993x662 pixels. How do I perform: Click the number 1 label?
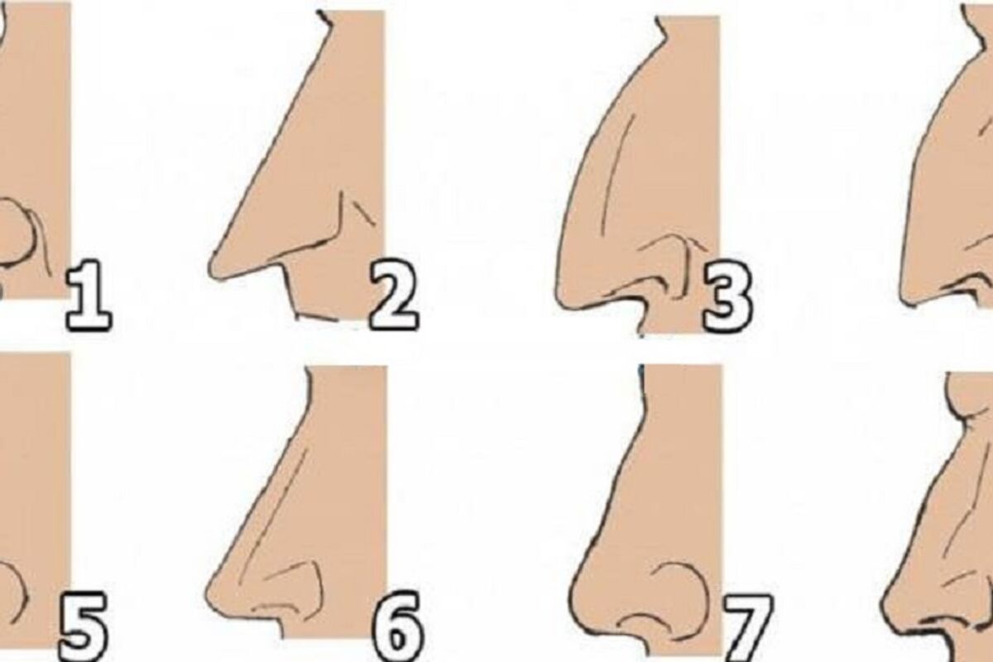89,295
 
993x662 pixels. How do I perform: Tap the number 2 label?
394,295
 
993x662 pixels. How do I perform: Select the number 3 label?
728,296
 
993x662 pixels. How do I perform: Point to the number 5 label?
84,626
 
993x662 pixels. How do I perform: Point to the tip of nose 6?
208,593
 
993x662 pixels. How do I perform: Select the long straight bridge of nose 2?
271,146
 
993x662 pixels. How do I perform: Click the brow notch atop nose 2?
325,20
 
